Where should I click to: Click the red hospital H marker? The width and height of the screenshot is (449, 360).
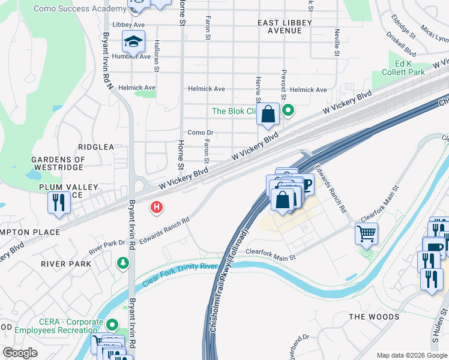click(157, 208)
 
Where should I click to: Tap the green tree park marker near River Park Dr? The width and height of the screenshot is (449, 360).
click(123, 263)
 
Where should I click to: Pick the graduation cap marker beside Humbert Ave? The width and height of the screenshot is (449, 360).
click(133, 41)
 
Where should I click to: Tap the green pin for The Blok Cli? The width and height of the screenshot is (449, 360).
click(288, 110)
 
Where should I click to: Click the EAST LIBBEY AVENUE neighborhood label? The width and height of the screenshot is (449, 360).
click(285, 26)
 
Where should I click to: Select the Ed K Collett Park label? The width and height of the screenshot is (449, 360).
click(402, 68)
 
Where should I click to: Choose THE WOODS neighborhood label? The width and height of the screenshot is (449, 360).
click(374, 316)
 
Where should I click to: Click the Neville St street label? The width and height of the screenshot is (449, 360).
click(337, 43)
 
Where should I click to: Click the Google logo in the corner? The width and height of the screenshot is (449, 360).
click(20, 353)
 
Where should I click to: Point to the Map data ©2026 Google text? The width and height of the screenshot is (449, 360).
click(411, 355)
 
